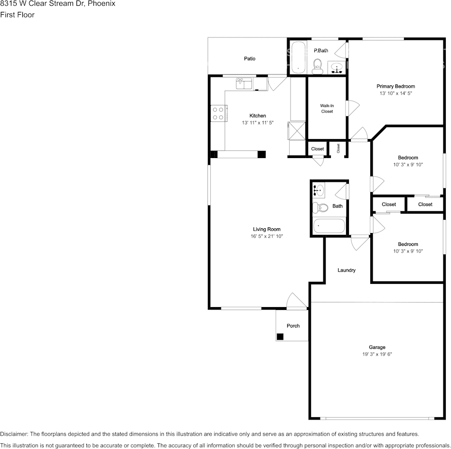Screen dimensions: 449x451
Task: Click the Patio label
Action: pos(249,58)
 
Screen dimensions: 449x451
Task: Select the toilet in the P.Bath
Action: pos(318,66)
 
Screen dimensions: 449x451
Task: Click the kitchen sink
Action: pos(245,84)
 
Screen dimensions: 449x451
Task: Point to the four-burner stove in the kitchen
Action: pos(218,113)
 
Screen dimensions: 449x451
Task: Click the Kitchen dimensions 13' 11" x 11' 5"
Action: pos(258,122)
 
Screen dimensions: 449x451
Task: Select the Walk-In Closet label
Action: pos(327,108)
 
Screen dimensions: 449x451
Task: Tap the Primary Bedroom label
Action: pos(395,86)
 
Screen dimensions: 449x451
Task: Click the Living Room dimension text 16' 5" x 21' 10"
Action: pos(267,236)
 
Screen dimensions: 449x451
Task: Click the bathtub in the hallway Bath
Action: pos(329,226)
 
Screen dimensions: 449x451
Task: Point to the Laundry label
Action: pos(347,270)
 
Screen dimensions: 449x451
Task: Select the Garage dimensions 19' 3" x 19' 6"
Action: pos(377,354)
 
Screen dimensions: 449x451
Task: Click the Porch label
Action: pos(293,326)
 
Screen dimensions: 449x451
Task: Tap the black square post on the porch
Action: pos(280,337)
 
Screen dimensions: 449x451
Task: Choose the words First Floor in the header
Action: pos(17,15)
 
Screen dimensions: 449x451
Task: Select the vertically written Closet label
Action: pos(338,148)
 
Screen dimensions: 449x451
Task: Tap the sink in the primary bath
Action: pos(338,66)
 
